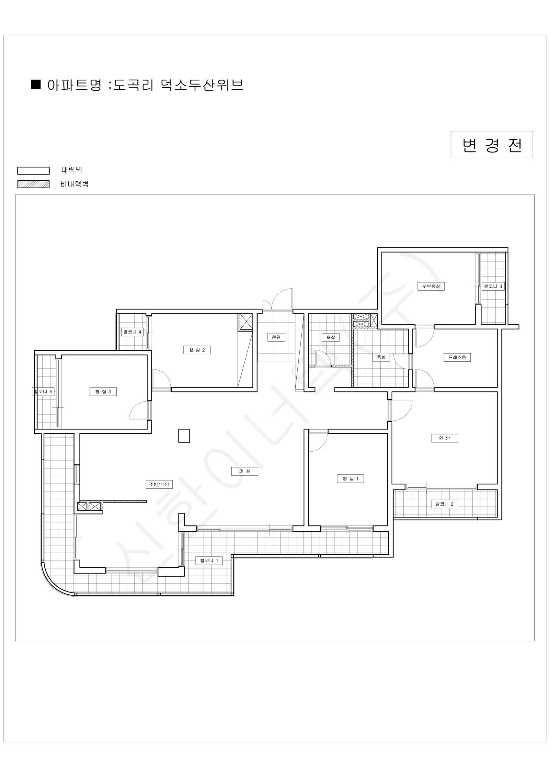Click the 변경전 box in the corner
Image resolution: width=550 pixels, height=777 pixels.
(492, 144)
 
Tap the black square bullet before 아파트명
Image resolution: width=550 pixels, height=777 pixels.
(36, 84)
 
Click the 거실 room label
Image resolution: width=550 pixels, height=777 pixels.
(245, 471)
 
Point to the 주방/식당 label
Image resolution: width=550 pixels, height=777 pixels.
(159, 484)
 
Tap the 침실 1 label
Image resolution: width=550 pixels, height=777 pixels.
(350, 479)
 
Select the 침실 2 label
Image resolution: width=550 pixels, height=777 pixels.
(197, 350)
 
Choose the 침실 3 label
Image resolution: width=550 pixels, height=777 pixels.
(103, 391)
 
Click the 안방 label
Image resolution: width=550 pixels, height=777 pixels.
(444, 438)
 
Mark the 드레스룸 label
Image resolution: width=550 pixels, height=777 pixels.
(457, 357)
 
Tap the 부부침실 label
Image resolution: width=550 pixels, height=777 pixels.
(431, 286)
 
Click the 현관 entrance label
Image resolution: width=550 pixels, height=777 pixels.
(276, 337)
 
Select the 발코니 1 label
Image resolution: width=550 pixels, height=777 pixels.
(209, 561)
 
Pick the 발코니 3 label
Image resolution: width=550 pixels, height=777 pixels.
(493, 286)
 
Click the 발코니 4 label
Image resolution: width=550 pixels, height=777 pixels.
(132, 332)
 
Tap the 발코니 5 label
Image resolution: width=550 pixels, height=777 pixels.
(43, 391)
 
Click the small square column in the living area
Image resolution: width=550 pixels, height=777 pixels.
(184, 435)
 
